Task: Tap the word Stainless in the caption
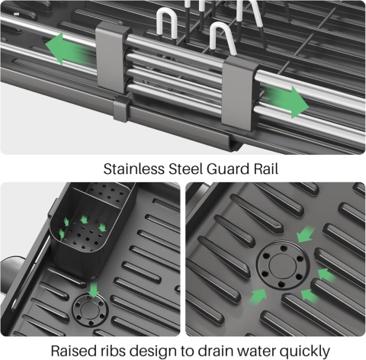[x=133, y=169]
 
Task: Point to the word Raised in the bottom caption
[x=74, y=351]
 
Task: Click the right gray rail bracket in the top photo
[x=240, y=94]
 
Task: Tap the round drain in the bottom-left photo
[x=90, y=310]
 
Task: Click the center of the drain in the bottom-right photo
[x=283, y=265]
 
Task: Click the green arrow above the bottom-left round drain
[x=94, y=289]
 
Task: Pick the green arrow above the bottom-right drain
[x=305, y=234]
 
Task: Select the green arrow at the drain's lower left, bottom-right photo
[x=258, y=296]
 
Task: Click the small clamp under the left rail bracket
[x=123, y=108]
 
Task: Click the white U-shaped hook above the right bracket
[x=221, y=38]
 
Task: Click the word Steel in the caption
[x=185, y=169]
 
